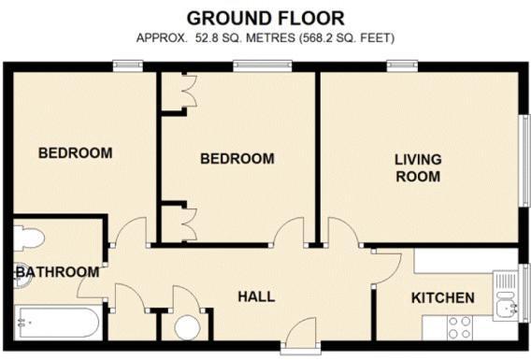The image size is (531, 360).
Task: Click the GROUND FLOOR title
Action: (x=265, y=17)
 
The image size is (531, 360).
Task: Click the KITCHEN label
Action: (x=443, y=298)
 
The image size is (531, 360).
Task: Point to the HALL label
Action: (x=256, y=296)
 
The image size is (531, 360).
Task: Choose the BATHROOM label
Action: (x=57, y=272)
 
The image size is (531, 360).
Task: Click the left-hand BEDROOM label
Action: (x=75, y=152)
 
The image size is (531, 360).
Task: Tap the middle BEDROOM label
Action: (x=237, y=159)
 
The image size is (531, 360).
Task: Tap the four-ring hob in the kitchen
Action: (x=459, y=327)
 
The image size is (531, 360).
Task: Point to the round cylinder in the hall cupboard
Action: (x=188, y=328)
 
